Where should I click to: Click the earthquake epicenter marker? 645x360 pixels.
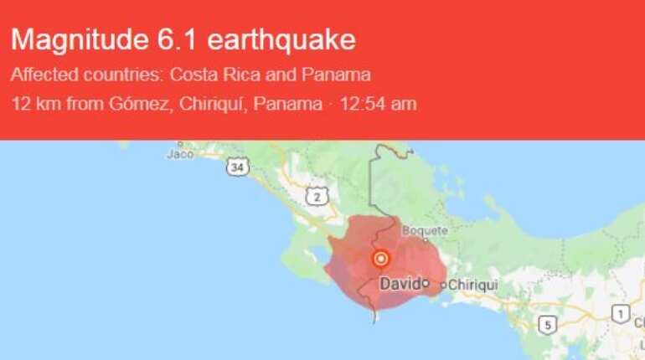[380, 259]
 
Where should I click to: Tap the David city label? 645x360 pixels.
[400, 284]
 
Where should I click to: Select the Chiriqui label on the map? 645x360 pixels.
[472, 285]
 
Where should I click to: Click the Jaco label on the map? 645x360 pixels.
[180, 153]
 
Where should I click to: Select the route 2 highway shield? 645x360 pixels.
[317, 196]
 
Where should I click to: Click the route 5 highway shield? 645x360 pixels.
[548, 325]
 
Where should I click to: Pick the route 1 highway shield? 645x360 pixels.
[620, 314]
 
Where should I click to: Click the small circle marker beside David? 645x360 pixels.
[426, 285]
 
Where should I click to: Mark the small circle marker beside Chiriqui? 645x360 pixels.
[443, 285]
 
